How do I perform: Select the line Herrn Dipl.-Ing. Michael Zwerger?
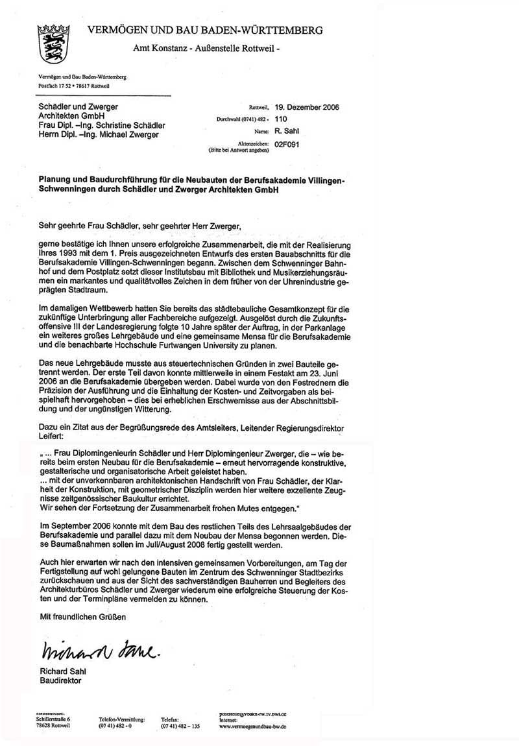[99, 134]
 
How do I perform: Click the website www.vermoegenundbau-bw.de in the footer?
[254, 726]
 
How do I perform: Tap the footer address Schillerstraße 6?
[54, 719]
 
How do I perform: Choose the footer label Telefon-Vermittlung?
[122, 719]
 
